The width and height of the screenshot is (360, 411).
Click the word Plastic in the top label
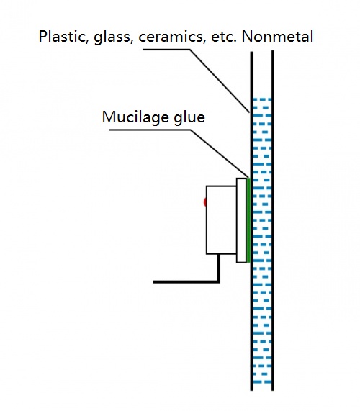pyautogui.click(x=63, y=36)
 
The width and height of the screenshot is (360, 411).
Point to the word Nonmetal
pyautogui.click(x=277, y=36)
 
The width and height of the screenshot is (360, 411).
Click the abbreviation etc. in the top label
pyautogui.click(x=224, y=37)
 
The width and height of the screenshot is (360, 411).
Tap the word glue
pyautogui.click(x=189, y=117)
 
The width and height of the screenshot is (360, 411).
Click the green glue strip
pyautogui.click(x=248, y=220)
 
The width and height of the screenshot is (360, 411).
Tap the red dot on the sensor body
pyautogui.click(x=205, y=202)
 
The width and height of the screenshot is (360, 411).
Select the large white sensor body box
pyautogui.click(x=221, y=220)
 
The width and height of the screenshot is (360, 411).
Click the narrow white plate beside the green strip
pyautogui.click(x=241, y=220)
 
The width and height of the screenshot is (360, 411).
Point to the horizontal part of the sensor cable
pyautogui.click(x=186, y=281)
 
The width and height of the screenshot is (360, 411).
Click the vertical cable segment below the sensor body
pyautogui.click(x=218, y=267)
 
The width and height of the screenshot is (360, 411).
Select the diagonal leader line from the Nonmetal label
pyautogui.click(x=220, y=81)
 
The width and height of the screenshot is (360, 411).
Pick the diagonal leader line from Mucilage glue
pyautogui.click(x=220, y=153)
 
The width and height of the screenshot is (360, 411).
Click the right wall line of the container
pyautogui.click(x=273, y=220)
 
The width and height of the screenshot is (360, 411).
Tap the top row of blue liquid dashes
pyautogui.click(x=262, y=99)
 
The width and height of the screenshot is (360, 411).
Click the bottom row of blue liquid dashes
pyautogui.click(x=262, y=381)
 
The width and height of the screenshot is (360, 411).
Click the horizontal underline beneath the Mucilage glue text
pyautogui.click(x=150, y=130)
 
